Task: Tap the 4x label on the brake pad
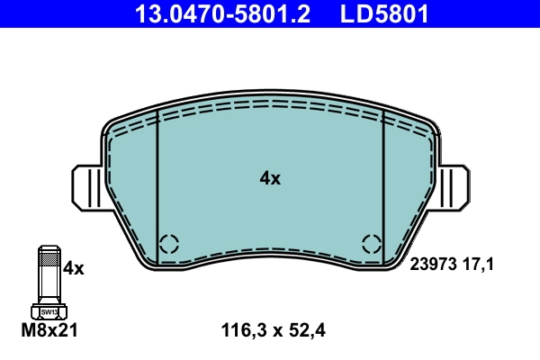(270, 178)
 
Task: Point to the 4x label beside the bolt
(73, 268)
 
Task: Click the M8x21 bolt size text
(49, 331)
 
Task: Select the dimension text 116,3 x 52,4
(272, 331)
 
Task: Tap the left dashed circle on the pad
(169, 243)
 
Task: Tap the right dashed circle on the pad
(372, 243)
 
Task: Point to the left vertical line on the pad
(157, 180)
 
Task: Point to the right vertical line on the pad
(384, 180)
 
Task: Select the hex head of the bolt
(49, 311)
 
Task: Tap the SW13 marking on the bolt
(49, 312)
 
